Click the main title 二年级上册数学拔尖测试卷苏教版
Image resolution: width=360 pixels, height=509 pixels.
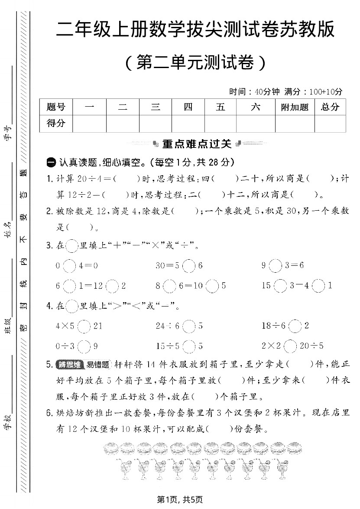coord(196,30)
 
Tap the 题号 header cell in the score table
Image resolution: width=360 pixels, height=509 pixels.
coord(56,107)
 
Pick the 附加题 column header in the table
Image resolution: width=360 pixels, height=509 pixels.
coord(295,107)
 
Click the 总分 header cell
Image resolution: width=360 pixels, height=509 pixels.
coord(330,107)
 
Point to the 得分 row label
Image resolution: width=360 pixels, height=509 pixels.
coord(56,124)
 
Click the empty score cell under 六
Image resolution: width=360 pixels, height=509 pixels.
coord(256,124)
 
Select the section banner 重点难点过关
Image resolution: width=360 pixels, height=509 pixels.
coord(196,144)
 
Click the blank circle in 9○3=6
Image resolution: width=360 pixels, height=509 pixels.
coord(275,265)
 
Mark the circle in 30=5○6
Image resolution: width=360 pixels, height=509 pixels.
coord(188,265)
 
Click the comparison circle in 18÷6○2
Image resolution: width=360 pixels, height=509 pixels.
coord(295,326)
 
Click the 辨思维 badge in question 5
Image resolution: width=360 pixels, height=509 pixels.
coord(71,364)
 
